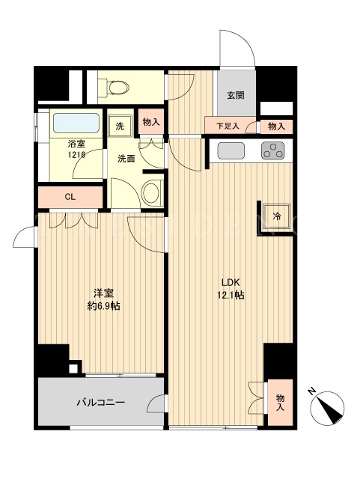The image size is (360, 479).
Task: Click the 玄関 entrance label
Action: pos(236,95)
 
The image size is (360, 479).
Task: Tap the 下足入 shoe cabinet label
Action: pos(228,126)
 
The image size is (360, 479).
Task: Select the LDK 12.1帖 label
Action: pos(231,288)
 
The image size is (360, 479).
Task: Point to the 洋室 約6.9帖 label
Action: pos(103,299)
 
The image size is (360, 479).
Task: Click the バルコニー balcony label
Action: pos(100,403)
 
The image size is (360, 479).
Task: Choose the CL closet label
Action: pos(70,197)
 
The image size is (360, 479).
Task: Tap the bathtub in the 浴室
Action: pos(76,123)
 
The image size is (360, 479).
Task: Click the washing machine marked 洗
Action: pos(120,126)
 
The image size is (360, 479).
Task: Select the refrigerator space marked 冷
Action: pos(277,216)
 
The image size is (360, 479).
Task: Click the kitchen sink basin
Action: pos(231,150)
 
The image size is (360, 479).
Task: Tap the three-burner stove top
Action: pos(273,150)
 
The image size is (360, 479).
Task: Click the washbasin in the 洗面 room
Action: pos(152,193)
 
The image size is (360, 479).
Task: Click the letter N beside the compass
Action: pos(311,391)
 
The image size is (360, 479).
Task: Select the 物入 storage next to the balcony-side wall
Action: pos(280,403)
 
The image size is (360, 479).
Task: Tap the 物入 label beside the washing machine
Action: pos(151,122)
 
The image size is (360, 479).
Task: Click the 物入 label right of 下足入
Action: pos(276,126)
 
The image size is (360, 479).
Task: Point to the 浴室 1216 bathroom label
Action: pos(76,149)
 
